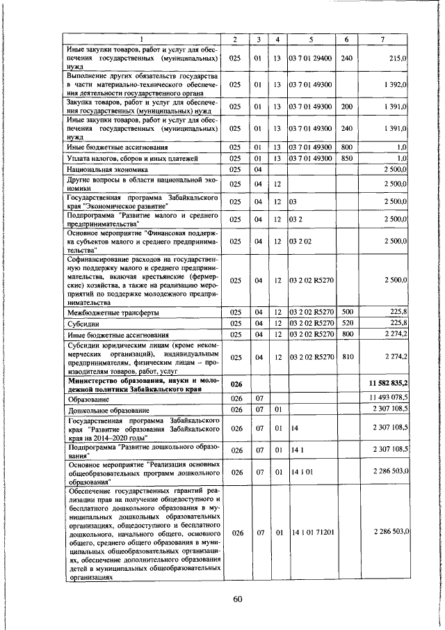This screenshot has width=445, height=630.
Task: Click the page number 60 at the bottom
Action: (x=237, y=601)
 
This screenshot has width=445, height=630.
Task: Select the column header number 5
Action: (x=310, y=39)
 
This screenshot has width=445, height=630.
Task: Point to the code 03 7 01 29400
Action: (x=310, y=60)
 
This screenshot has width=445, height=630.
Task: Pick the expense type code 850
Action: (x=347, y=159)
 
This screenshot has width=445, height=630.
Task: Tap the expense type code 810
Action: (x=347, y=356)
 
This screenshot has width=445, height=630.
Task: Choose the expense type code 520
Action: (x=347, y=324)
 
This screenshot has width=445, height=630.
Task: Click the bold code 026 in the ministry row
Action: (x=236, y=384)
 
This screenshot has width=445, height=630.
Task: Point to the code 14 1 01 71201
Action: (x=310, y=533)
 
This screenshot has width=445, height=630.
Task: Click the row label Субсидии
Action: (x=84, y=324)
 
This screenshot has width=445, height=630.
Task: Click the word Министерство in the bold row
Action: (x=99, y=380)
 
